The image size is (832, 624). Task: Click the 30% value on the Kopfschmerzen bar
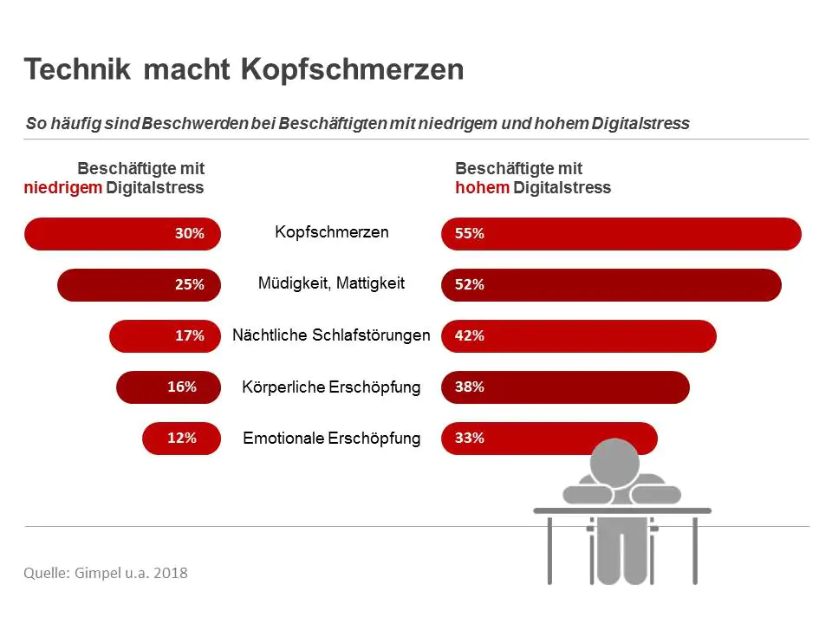click(190, 233)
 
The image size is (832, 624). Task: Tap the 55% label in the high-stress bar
click(470, 233)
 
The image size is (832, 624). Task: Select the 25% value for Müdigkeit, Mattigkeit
click(190, 284)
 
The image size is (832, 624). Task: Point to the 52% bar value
click(470, 284)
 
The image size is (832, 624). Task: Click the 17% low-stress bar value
click(190, 336)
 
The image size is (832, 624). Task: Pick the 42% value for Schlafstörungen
click(470, 336)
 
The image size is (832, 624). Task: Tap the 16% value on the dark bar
click(182, 387)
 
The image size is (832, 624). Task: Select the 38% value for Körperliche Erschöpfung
click(470, 387)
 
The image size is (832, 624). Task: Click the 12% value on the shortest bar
click(182, 439)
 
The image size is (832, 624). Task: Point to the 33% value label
click(470, 439)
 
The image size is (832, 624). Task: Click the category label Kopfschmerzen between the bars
click(332, 232)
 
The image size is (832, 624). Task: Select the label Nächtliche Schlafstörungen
click(331, 335)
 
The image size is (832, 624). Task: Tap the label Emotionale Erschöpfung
click(332, 439)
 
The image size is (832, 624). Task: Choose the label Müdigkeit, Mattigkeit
click(332, 283)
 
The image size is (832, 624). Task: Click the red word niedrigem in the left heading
click(63, 188)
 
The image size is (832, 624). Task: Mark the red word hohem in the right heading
click(483, 188)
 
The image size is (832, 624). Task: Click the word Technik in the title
click(77, 69)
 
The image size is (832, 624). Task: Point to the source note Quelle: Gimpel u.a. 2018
click(106, 573)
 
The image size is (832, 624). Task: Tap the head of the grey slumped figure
click(615, 462)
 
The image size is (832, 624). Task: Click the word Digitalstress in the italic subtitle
click(640, 124)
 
